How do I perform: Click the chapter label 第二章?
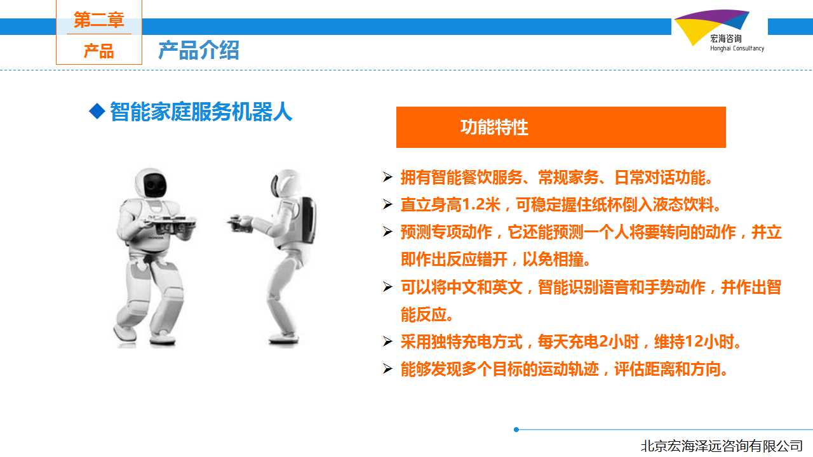[x=98, y=20]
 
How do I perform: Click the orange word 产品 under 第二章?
[x=98, y=51]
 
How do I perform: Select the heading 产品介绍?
[x=199, y=50]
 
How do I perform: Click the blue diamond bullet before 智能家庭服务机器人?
[x=97, y=111]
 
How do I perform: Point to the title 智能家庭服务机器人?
[x=201, y=111]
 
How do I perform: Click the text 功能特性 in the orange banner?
[x=494, y=128]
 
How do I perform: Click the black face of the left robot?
[x=155, y=185]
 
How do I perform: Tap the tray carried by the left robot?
[x=171, y=222]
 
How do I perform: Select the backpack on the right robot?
[x=308, y=220]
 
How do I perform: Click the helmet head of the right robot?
[x=286, y=183]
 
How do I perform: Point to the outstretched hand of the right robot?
[x=239, y=222]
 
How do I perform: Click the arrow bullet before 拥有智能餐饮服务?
[x=387, y=176]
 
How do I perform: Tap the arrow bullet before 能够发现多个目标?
[x=387, y=369]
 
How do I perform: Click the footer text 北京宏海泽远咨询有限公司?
[x=722, y=446]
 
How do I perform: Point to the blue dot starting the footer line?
[x=516, y=430]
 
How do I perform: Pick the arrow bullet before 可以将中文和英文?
[x=387, y=286]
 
